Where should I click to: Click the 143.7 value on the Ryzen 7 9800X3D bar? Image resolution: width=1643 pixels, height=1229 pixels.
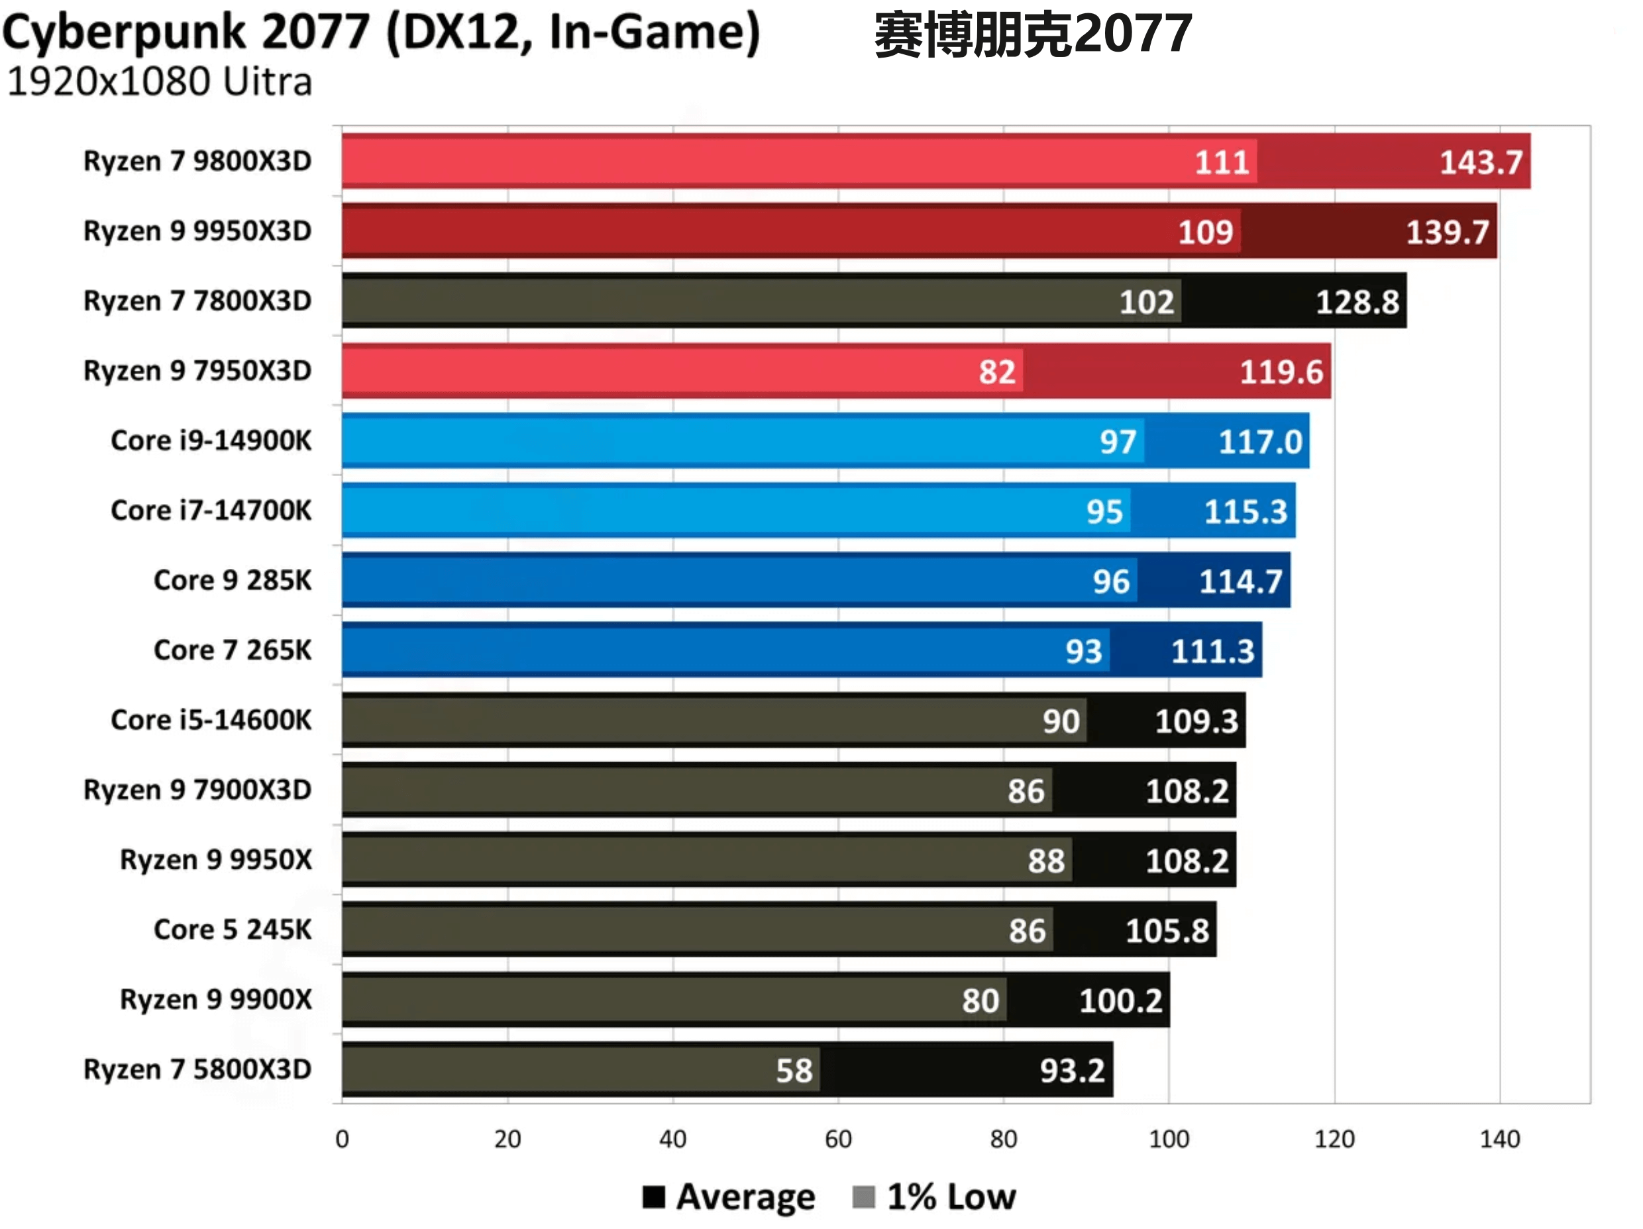[1480, 162]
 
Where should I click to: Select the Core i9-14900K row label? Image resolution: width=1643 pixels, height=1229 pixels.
[211, 440]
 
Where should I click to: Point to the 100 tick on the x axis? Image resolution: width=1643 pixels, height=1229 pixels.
[1169, 1138]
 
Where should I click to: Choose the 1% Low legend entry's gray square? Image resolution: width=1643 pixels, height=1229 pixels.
[863, 1197]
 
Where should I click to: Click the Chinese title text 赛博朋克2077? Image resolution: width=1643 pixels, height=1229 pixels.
[1032, 34]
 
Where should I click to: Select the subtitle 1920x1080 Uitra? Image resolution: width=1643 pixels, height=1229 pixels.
[159, 81]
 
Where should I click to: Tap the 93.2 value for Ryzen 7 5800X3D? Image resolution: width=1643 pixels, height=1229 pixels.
[1072, 1070]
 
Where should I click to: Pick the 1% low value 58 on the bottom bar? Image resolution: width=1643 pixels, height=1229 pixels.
[794, 1070]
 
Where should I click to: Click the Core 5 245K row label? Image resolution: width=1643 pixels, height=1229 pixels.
[233, 929]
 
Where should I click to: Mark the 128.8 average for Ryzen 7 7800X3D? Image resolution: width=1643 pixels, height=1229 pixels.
[1357, 301]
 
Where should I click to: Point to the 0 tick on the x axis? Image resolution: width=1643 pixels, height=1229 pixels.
[342, 1138]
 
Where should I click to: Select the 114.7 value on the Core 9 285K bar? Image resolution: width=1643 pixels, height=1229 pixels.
[1240, 581]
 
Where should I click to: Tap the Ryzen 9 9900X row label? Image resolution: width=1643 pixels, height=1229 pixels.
[215, 999]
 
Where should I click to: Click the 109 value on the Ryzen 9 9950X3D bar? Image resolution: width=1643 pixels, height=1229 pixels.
[1205, 232]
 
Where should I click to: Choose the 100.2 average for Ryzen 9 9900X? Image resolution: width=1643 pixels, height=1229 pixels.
[1120, 1001]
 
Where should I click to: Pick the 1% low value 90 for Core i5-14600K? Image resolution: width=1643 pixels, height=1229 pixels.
[1061, 720]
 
